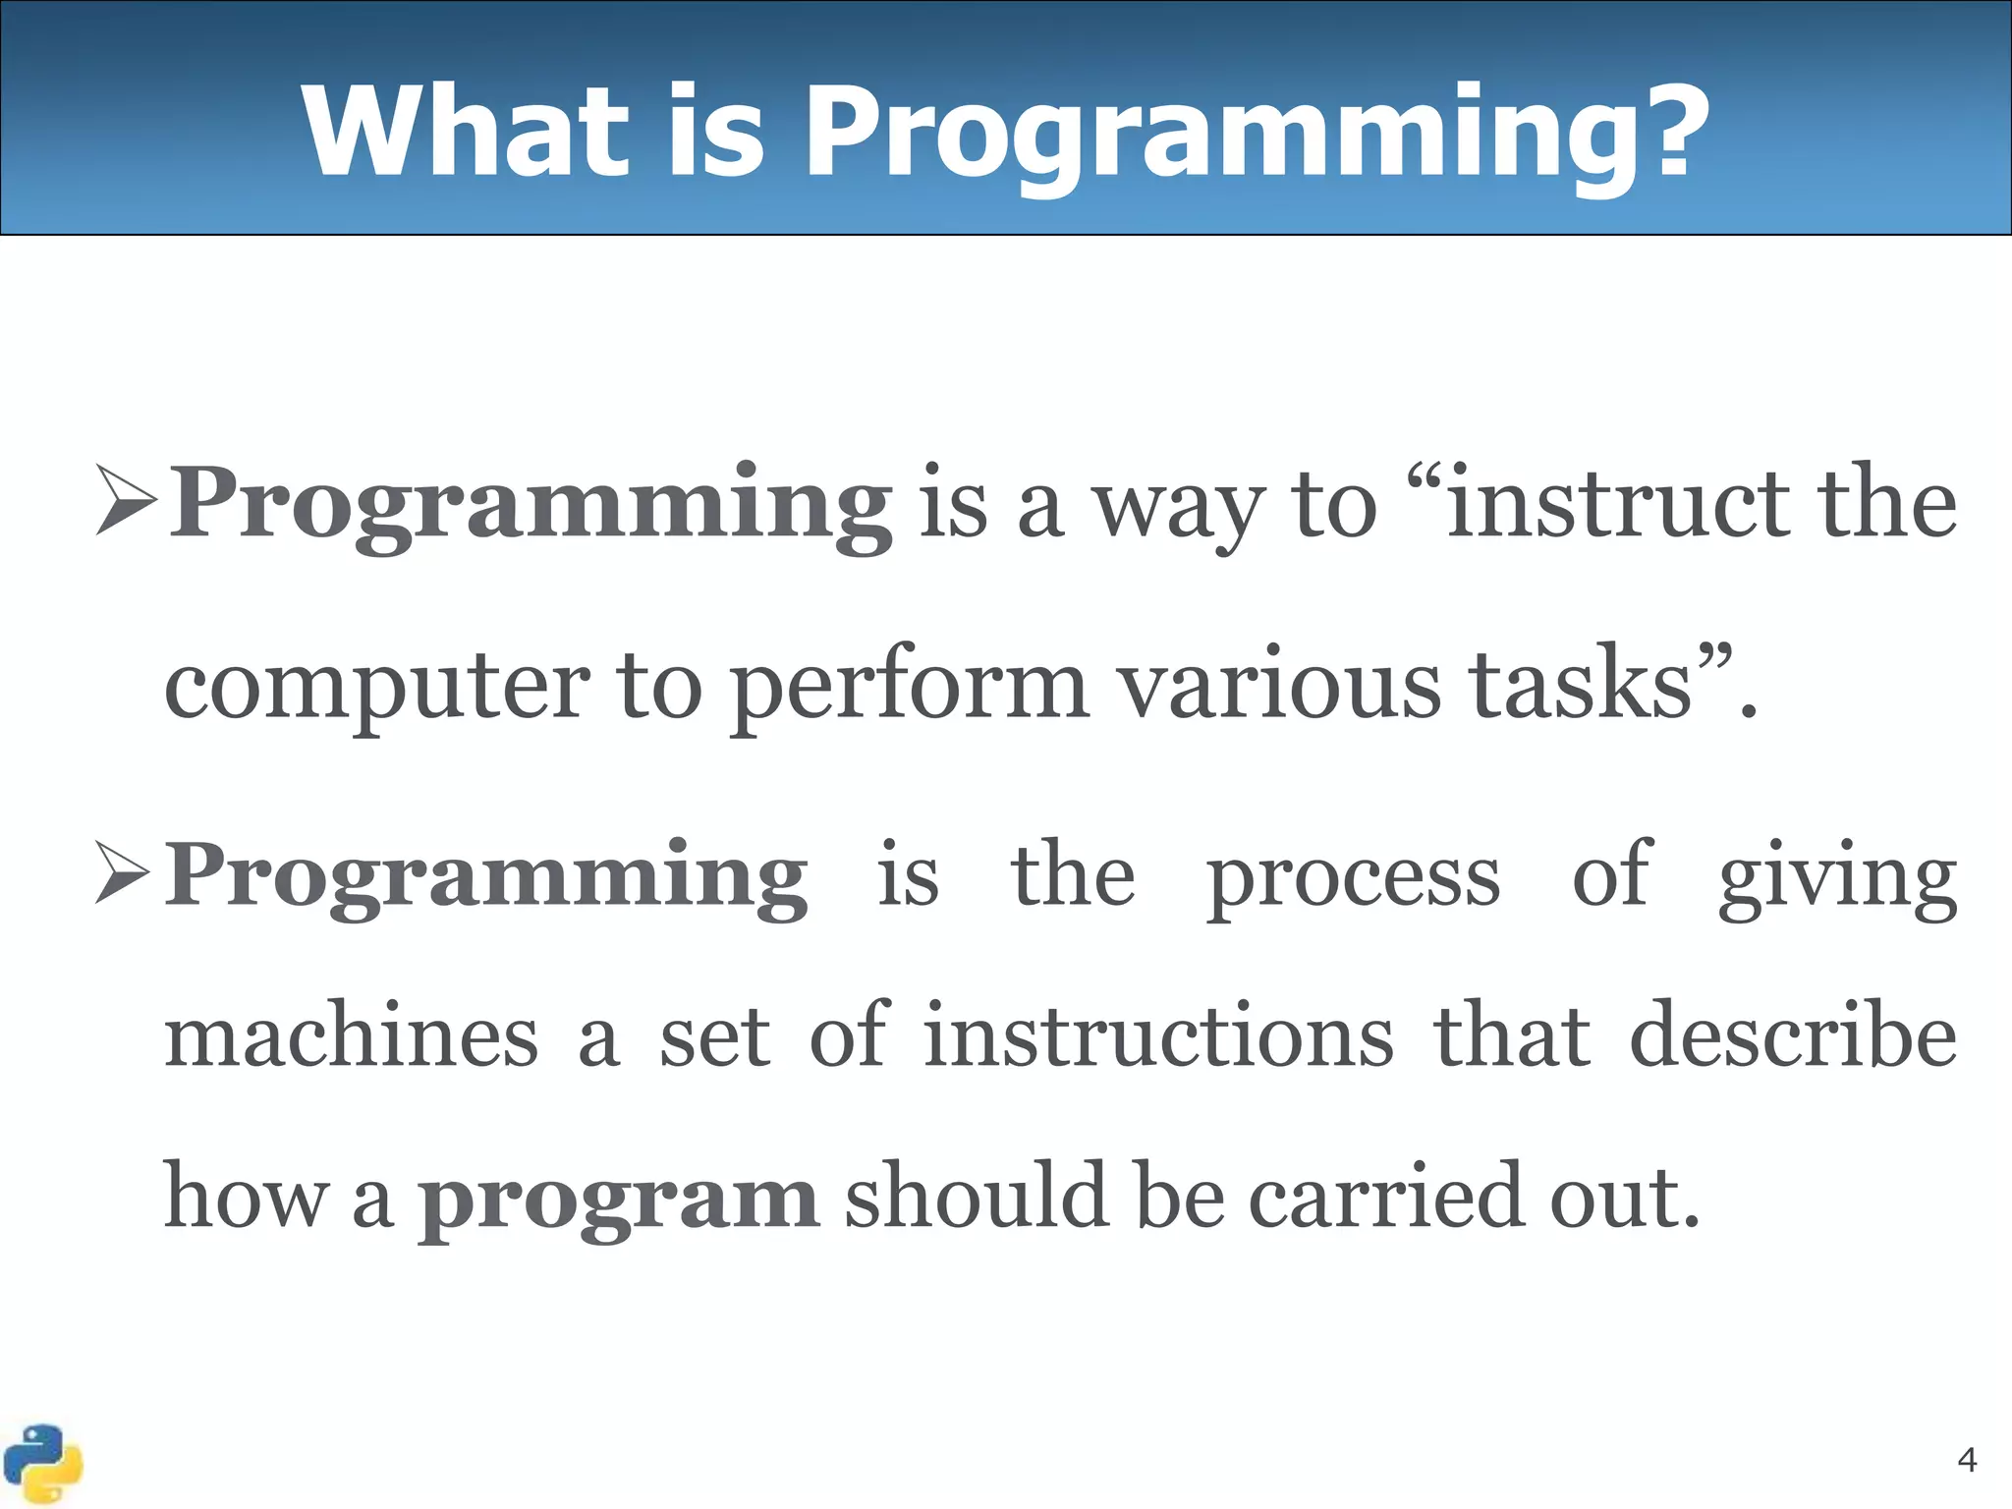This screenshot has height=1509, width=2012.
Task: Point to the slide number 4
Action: (1967, 1460)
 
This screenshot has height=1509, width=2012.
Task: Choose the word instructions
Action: (1158, 1036)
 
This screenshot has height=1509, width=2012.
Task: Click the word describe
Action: (1793, 1036)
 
